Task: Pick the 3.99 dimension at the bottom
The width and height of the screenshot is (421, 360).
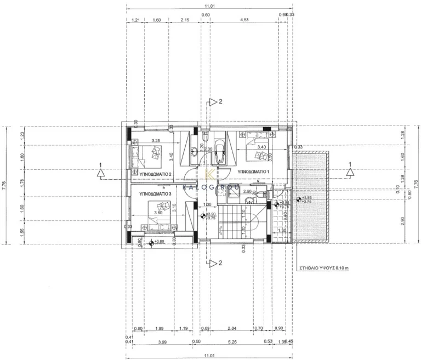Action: [x=163, y=342]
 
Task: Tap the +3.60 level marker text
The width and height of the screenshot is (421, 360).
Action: [x=160, y=242]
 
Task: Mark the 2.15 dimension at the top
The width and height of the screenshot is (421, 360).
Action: [x=184, y=20]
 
